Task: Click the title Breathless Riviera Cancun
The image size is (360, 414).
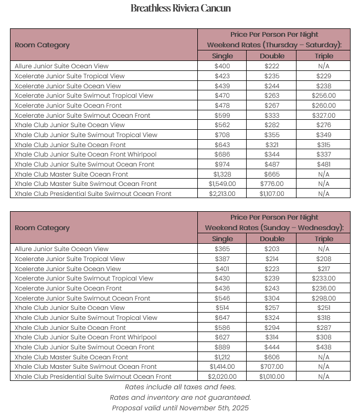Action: point(180,8)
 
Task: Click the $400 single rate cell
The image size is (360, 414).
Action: point(222,66)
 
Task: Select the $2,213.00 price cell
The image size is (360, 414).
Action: point(222,194)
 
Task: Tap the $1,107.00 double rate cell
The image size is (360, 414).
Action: point(272,194)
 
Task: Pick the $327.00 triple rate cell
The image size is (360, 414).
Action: point(324,116)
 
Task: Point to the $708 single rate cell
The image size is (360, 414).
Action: point(222,135)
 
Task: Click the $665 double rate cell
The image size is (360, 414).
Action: point(272,174)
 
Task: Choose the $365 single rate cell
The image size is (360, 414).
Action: point(222,249)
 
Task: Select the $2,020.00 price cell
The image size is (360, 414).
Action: point(222,377)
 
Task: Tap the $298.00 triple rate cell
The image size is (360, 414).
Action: point(324,298)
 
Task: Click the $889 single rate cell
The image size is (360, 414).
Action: point(222,347)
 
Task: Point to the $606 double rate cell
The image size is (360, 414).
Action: point(272,357)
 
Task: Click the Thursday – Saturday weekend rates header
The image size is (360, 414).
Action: point(274,45)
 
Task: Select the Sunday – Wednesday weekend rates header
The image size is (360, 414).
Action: point(274,227)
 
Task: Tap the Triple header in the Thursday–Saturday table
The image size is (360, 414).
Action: point(324,56)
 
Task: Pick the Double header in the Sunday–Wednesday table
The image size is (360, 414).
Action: point(272,239)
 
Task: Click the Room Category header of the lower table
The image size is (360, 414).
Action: point(42,228)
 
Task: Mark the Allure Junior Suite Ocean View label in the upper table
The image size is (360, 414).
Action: point(61,66)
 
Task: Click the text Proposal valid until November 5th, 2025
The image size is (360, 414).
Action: point(180,408)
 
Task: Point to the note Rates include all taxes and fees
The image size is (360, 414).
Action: point(180,387)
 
